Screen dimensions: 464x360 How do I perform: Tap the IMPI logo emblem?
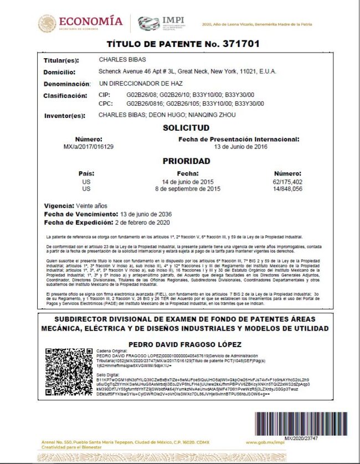coord(148,23)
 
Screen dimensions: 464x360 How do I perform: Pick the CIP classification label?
coord(105,95)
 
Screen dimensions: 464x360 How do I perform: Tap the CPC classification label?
coord(106,103)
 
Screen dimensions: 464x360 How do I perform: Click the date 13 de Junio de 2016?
coord(240,147)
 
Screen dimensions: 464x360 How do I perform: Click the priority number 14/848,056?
coord(287,189)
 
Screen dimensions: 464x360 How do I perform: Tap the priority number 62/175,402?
coord(287,182)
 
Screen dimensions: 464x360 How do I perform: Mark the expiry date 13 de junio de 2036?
coord(146,214)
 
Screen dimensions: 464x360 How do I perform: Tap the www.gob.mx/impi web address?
coord(266,442)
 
